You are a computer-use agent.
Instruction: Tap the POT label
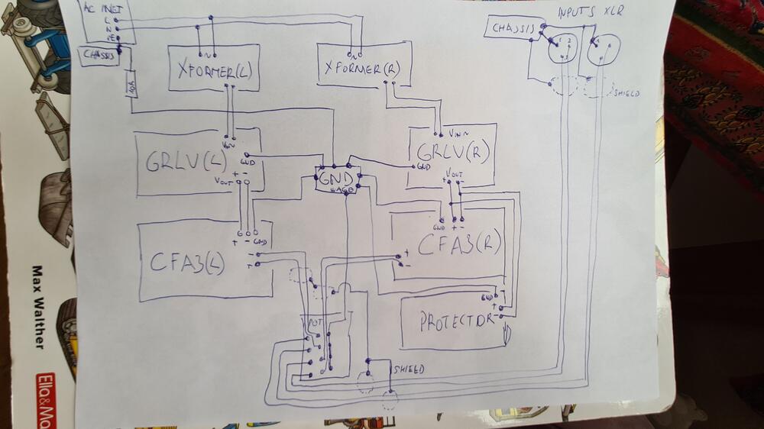[315, 324]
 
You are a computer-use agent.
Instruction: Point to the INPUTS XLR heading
[591, 13]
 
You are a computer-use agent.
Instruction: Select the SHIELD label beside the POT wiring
[409, 369]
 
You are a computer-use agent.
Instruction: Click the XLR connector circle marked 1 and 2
[564, 48]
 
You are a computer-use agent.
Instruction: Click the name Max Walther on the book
[38, 305]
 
